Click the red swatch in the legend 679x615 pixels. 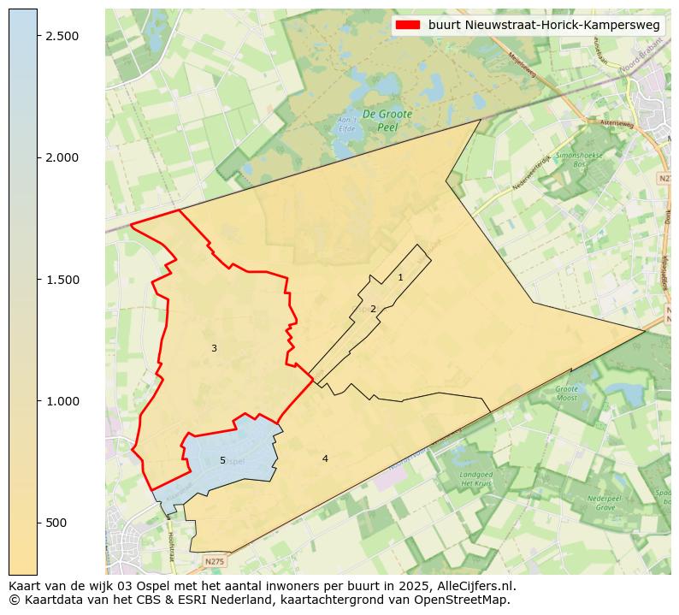(408, 25)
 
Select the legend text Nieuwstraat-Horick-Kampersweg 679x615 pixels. (544, 25)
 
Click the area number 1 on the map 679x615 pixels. (400, 277)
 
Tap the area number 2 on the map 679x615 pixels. (373, 309)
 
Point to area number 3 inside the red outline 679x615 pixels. (214, 348)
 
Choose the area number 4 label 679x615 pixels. (325, 458)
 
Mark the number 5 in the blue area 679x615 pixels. (222, 460)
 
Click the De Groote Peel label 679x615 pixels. (387, 120)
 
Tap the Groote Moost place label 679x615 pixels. (567, 393)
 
